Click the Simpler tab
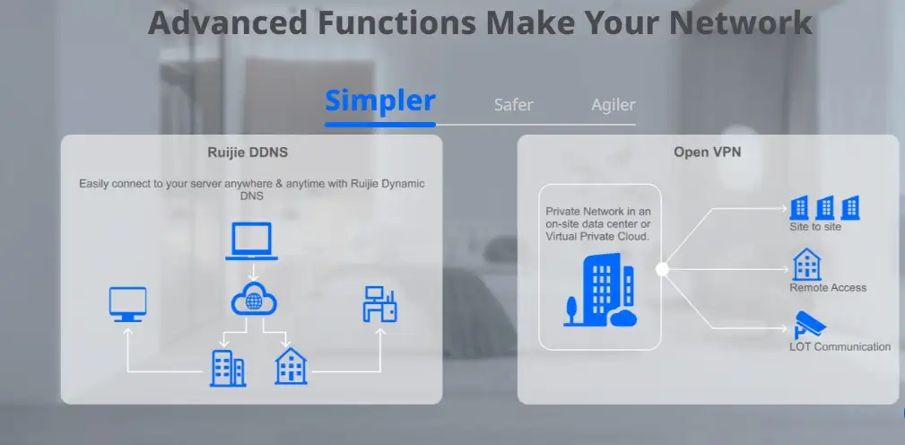click(379, 101)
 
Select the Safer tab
click(514, 105)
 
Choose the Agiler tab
click(613, 105)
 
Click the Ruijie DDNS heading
click(248, 153)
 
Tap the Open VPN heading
click(707, 152)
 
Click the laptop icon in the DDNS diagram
click(251, 241)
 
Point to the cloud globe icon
click(253, 299)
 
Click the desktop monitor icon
click(127, 304)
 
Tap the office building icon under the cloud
click(228, 368)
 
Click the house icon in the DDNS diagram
click(291, 366)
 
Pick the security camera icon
click(810, 325)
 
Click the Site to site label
click(815, 227)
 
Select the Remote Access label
click(828, 287)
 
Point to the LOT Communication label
click(840, 347)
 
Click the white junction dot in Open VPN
click(662, 269)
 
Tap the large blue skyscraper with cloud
click(600, 291)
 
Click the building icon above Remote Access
click(806, 265)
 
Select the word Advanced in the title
click(228, 22)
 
